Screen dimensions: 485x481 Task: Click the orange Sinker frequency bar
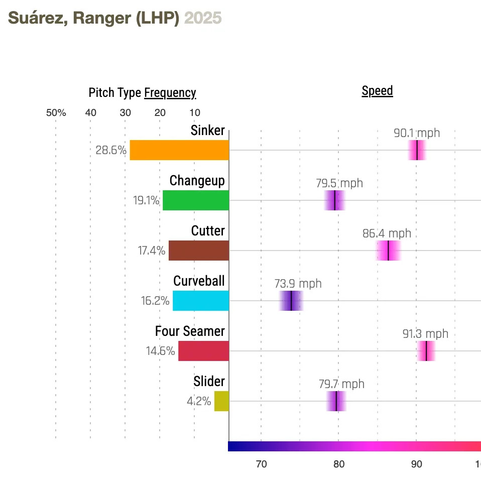[179, 150]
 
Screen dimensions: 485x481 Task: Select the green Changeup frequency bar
[196, 200]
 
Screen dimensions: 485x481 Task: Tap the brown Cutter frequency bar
[199, 251]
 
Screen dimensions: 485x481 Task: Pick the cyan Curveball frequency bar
[201, 301]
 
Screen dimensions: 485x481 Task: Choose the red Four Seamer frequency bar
[203, 351]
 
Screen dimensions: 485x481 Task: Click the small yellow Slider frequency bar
[221, 401]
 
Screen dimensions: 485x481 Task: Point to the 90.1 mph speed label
[417, 133]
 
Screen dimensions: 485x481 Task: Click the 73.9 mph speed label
[298, 284]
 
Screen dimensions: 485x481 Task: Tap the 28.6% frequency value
[111, 150]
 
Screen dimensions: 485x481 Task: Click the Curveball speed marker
[291, 301]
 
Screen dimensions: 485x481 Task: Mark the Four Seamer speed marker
[426, 351]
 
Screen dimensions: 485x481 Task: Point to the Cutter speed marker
[388, 251]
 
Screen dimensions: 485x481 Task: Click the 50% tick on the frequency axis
[56, 112]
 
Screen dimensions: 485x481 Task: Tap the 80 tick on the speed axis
[339, 464]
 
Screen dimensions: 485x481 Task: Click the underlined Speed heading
[377, 91]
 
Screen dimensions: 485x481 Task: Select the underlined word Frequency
[170, 93]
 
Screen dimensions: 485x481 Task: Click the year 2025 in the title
[203, 18]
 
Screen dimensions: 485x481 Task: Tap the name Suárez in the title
[38, 18]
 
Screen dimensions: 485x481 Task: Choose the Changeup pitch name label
[197, 181]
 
